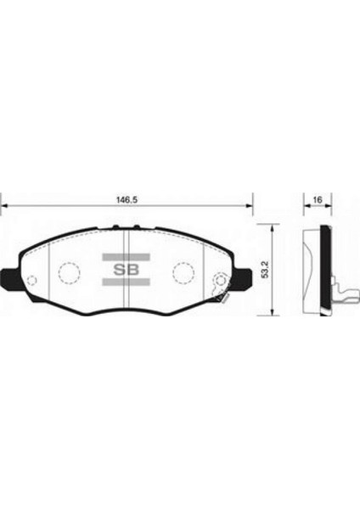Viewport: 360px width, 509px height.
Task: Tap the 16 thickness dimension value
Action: [316, 200]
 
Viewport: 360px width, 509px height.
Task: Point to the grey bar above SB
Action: [126, 255]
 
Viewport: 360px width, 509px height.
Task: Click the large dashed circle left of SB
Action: [68, 272]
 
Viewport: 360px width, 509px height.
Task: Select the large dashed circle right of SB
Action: [183, 272]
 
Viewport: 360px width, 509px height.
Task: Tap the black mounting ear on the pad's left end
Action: [8, 277]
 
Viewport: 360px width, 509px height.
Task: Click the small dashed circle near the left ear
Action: [31, 282]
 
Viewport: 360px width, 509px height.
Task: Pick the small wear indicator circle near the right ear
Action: [220, 281]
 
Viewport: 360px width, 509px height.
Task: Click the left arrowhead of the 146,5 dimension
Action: [4, 206]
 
